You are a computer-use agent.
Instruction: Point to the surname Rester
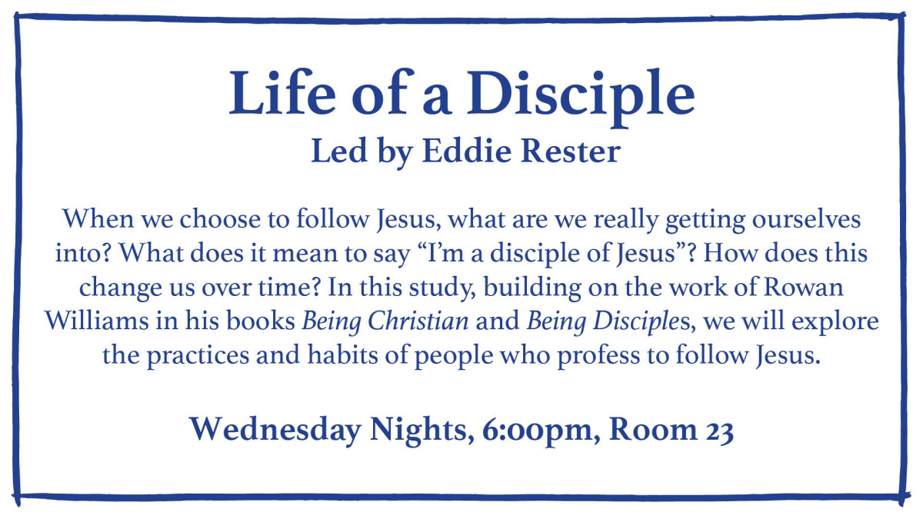[571, 151]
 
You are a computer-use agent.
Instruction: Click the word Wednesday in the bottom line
[275, 430]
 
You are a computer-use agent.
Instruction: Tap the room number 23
[720, 431]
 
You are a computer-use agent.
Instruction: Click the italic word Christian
[418, 321]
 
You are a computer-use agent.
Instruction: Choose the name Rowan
[804, 287]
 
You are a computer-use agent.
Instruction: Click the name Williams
[96, 321]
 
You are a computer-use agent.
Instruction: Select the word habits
[342, 354]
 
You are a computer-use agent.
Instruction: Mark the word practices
[198, 356]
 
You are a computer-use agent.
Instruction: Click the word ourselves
[806, 219]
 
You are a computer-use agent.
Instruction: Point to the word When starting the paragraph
[98, 219]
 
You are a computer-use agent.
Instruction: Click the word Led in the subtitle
[338, 151]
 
